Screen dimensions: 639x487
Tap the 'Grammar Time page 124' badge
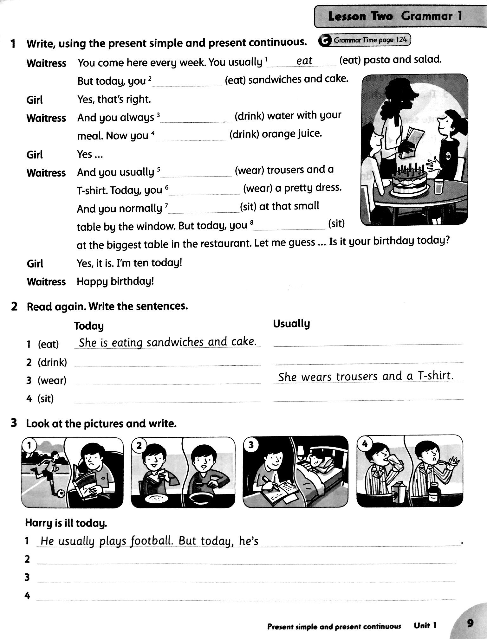365,40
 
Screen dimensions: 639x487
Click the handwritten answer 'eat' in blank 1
304,61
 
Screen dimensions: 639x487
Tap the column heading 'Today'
89,326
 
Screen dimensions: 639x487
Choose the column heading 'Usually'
291,324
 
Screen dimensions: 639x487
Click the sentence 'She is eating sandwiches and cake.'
167,342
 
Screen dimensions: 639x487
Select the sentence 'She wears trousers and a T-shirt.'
366,376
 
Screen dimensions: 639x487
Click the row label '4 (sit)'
40,398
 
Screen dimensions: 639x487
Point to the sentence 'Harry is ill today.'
66,523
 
